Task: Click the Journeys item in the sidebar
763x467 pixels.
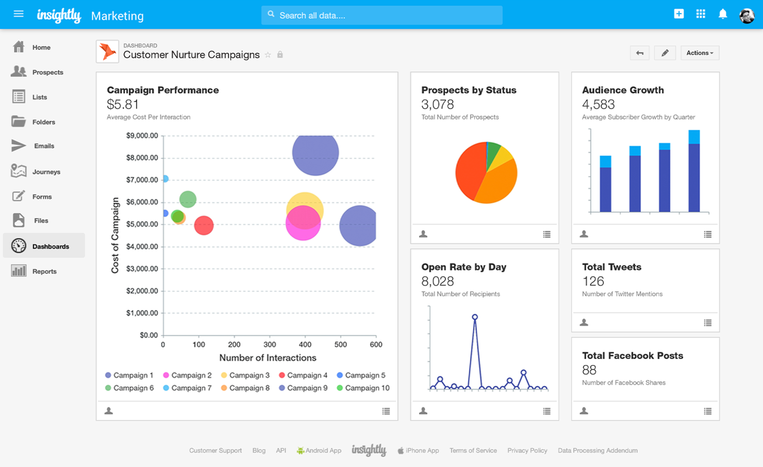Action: (x=45, y=171)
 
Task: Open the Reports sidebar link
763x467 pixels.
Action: (x=44, y=271)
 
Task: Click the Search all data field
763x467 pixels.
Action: (x=381, y=15)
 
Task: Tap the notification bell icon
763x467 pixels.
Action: (x=723, y=14)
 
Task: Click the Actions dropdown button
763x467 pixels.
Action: (x=700, y=53)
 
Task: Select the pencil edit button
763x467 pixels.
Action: (x=665, y=53)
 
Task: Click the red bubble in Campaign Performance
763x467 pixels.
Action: (x=204, y=225)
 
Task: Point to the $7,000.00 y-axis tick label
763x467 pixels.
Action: (x=142, y=180)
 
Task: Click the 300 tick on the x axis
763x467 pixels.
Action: (x=270, y=344)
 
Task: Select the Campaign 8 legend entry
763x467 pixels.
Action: (x=249, y=388)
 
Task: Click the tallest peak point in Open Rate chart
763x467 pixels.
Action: (x=475, y=317)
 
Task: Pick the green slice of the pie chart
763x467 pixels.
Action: (x=493, y=150)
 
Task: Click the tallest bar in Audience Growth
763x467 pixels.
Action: (x=694, y=172)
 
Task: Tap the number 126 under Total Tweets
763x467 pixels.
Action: (x=593, y=282)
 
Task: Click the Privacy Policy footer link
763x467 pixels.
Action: (x=527, y=451)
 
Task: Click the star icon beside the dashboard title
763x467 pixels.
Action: (x=268, y=55)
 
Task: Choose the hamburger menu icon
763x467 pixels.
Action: (x=19, y=14)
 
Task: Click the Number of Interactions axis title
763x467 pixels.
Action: (x=268, y=358)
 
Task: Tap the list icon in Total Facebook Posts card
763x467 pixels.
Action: (x=707, y=411)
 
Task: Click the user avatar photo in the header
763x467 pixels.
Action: (x=747, y=15)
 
